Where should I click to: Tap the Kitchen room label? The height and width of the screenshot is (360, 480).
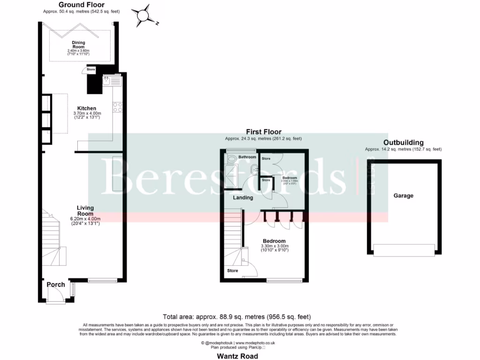[87, 109]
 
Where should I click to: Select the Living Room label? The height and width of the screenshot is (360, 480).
[86, 210]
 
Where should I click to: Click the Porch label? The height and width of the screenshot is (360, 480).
[56, 285]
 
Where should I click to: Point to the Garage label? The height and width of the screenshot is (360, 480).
[403, 195]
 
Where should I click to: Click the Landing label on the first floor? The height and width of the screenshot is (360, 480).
[243, 198]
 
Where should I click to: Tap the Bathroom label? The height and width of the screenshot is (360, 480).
[247, 157]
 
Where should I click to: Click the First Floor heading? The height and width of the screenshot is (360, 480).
[263, 132]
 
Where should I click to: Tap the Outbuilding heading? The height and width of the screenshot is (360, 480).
[403, 142]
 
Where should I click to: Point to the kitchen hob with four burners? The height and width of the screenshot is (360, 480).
[118, 107]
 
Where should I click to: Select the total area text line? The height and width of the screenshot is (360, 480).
[237, 317]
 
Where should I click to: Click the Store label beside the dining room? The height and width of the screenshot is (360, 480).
[91, 70]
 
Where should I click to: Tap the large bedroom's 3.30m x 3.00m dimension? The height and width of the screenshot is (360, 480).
[275, 246]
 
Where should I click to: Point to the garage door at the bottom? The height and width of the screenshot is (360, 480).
[404, 250]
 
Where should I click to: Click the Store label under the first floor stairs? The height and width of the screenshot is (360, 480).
[232, 271]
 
